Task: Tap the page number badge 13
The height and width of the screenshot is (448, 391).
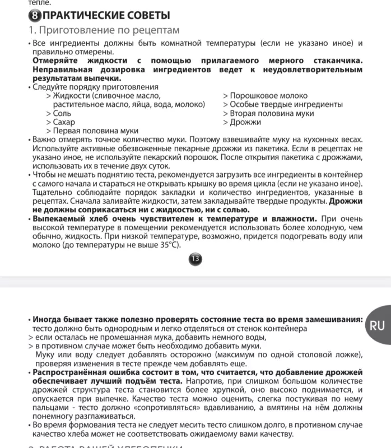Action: click(195, 258)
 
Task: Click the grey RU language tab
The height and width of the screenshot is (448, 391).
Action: click(377, 325)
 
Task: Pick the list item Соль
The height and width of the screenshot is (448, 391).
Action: click(62, 113)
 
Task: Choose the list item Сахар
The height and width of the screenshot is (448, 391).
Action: click(63, 122)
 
